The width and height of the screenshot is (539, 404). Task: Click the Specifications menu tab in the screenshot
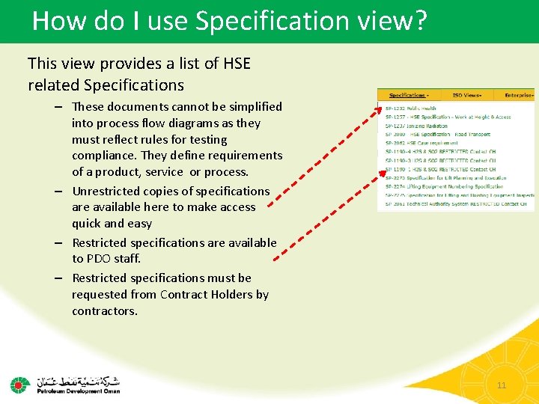(x=408, y=96)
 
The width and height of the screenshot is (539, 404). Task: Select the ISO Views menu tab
(x=466, y=96)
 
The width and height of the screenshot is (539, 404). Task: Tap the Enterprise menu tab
(x=518, y=96)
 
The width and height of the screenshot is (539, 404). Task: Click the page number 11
(x=502, y=385)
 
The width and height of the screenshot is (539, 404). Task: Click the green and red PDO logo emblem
(x=19, y=385)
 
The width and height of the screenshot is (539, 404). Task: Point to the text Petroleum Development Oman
(x=79, y=390)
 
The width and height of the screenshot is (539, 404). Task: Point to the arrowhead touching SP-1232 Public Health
(x=377, y=110)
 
